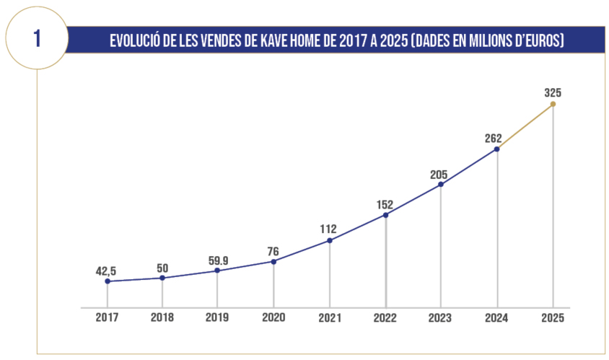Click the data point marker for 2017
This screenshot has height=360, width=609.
click(x=107, y=281)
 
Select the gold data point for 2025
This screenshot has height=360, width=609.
click(x=553, y=104)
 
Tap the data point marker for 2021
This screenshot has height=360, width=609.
click(x=330, y=240)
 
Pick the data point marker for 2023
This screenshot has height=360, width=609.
click(x=441, y=184)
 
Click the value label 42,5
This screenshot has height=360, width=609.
click(x=106, y=271)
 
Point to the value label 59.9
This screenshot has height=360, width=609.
click(x=218, y=259)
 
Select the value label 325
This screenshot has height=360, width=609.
click(x=553, y=92)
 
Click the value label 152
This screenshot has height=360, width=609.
click(x=385, y=204)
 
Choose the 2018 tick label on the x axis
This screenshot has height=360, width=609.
click(x=162, y=317)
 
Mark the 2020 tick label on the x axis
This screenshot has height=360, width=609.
click(x=273, y=317)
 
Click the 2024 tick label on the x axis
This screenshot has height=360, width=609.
click(x=497, y=317)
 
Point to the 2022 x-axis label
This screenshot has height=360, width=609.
click(x=385, y=317)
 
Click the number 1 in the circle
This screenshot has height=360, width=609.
click(x=37, y=39)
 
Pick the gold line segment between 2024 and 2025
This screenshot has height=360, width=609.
click(x=525, y=126)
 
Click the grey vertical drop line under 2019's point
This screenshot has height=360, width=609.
click(x=218, y=289)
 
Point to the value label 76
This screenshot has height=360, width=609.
click(x=273, y=251)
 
